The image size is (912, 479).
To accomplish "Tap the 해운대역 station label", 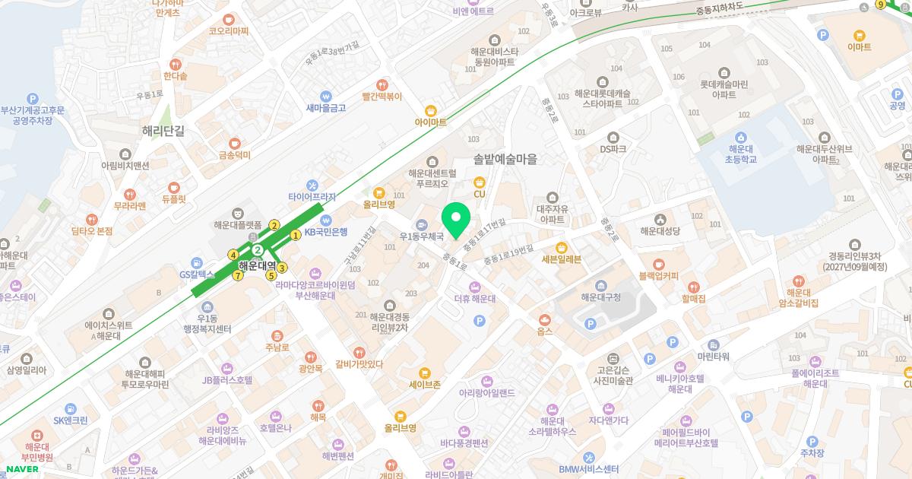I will tap(257, 266).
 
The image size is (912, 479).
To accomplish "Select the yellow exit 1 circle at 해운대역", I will tap(296, 235).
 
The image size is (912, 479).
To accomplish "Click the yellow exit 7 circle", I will tap(238, 276).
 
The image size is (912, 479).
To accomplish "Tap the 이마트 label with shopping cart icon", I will tap(859, 46).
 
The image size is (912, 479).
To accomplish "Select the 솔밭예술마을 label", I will tap(505, 159).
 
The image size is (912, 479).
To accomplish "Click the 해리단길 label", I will tap(163, 130).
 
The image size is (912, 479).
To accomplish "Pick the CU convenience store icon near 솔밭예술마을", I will tap(480, 182).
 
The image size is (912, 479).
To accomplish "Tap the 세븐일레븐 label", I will tap(561, 259).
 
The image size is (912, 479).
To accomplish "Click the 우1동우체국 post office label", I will tap(421, 236).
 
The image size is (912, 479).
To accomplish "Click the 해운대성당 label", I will tap(660, 230).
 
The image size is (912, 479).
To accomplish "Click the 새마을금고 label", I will tap(326, 108).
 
